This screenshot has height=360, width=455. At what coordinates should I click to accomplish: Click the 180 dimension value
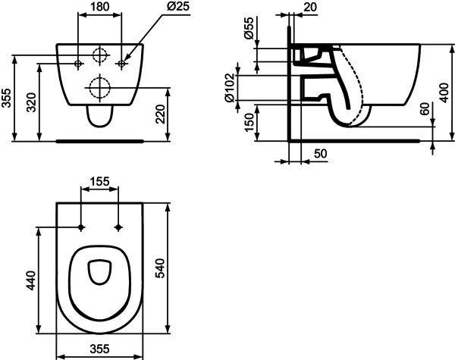point(99,7)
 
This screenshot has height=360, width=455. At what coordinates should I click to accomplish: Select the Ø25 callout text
point(178,6)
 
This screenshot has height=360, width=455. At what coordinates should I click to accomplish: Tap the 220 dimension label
point(161,114)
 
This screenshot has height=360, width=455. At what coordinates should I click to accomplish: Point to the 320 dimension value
point(31,102)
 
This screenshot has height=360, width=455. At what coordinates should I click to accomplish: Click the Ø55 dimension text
point(249,28)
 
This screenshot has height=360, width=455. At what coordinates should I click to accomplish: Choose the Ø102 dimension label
point(229,88)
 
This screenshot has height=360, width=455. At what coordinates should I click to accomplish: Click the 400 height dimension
point(444,92)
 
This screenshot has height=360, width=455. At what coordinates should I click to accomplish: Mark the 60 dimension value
point(425,109)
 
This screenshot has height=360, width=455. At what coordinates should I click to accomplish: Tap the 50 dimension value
point(320,154)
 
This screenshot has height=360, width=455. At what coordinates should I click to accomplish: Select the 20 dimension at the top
point(310,7)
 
